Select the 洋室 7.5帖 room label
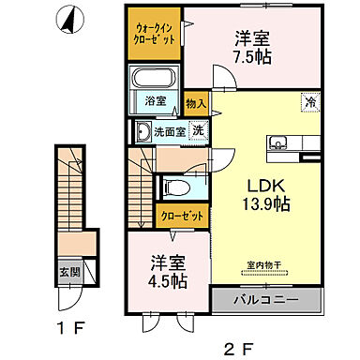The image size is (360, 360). point(251,47)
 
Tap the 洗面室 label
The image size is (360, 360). point(170,132)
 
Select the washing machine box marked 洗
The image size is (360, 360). point(198,131)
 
